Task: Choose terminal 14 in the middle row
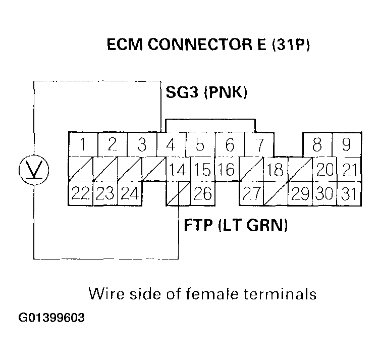click(177, 169)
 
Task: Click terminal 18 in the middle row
click(275, 169)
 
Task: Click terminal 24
click(129, 193)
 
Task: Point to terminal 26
click(202, 193)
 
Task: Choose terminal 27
click(250, 193)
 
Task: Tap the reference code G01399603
click(52, 319)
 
